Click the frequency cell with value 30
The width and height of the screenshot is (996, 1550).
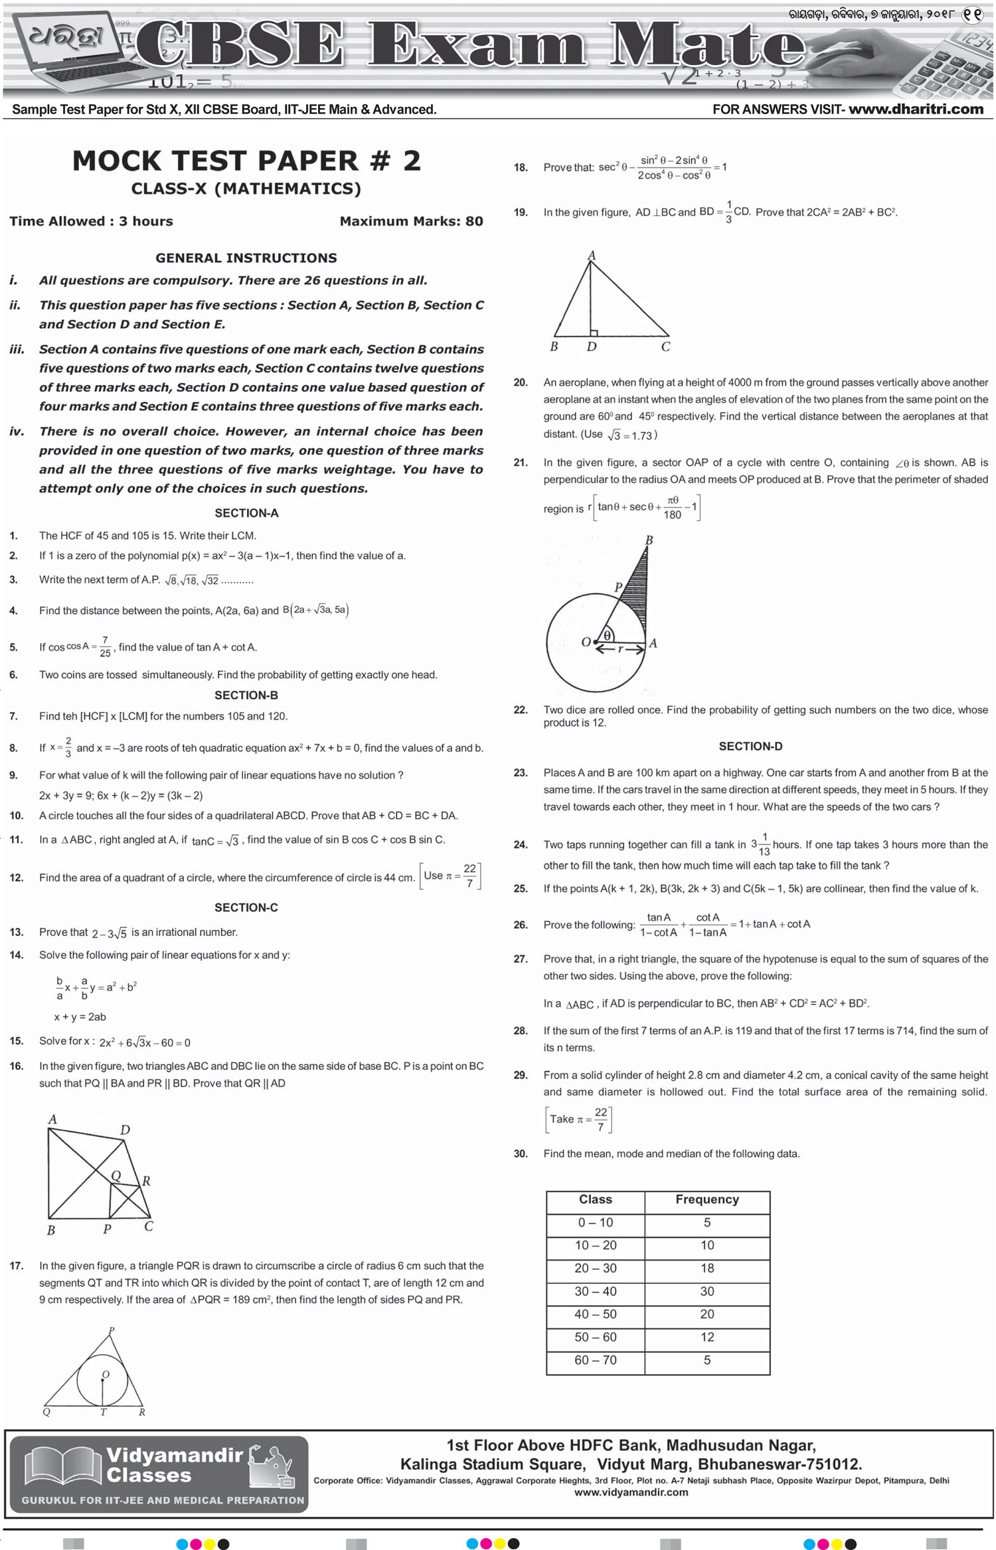pos(706,1291)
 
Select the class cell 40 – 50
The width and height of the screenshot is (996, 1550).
pos(595,1314)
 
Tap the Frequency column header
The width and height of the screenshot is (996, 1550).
pos(706,1200)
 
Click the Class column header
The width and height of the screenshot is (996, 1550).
pos(595,1200)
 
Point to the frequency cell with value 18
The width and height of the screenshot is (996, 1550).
pos(706,1268)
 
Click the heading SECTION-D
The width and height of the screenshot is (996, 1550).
pos(750,746)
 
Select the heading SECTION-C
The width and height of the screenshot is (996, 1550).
pos(246,907)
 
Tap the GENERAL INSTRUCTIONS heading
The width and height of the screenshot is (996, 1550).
pos(246,258)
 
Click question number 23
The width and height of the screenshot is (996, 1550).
pos(521,773)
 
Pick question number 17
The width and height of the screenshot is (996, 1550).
pos(16,1266)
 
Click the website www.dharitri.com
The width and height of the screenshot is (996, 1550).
pos(916,109)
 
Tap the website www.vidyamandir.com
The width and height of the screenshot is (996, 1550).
pos(631,1492)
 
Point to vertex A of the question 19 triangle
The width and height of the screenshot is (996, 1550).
pos(591,256)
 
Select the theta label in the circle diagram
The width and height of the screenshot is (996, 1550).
pos(608,635)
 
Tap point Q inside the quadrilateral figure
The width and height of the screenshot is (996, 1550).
pos(116,1176)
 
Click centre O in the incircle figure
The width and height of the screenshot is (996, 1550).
pos(105,1375)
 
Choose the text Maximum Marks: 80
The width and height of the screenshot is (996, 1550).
pos(411,221)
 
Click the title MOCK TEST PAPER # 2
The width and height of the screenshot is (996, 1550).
pos(246,161)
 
